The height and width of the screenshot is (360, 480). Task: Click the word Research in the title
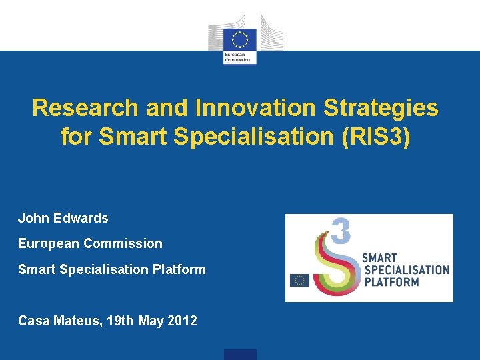[85, 108]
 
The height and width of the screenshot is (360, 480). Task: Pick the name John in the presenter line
[31, 218]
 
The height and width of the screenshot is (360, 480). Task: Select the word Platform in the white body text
[179, 269]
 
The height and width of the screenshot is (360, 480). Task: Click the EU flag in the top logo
[240, 37]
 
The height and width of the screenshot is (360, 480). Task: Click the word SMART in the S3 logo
[379, 258]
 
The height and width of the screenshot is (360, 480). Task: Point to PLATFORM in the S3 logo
[391, 282]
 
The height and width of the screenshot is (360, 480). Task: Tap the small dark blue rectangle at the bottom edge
[240, 355]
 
